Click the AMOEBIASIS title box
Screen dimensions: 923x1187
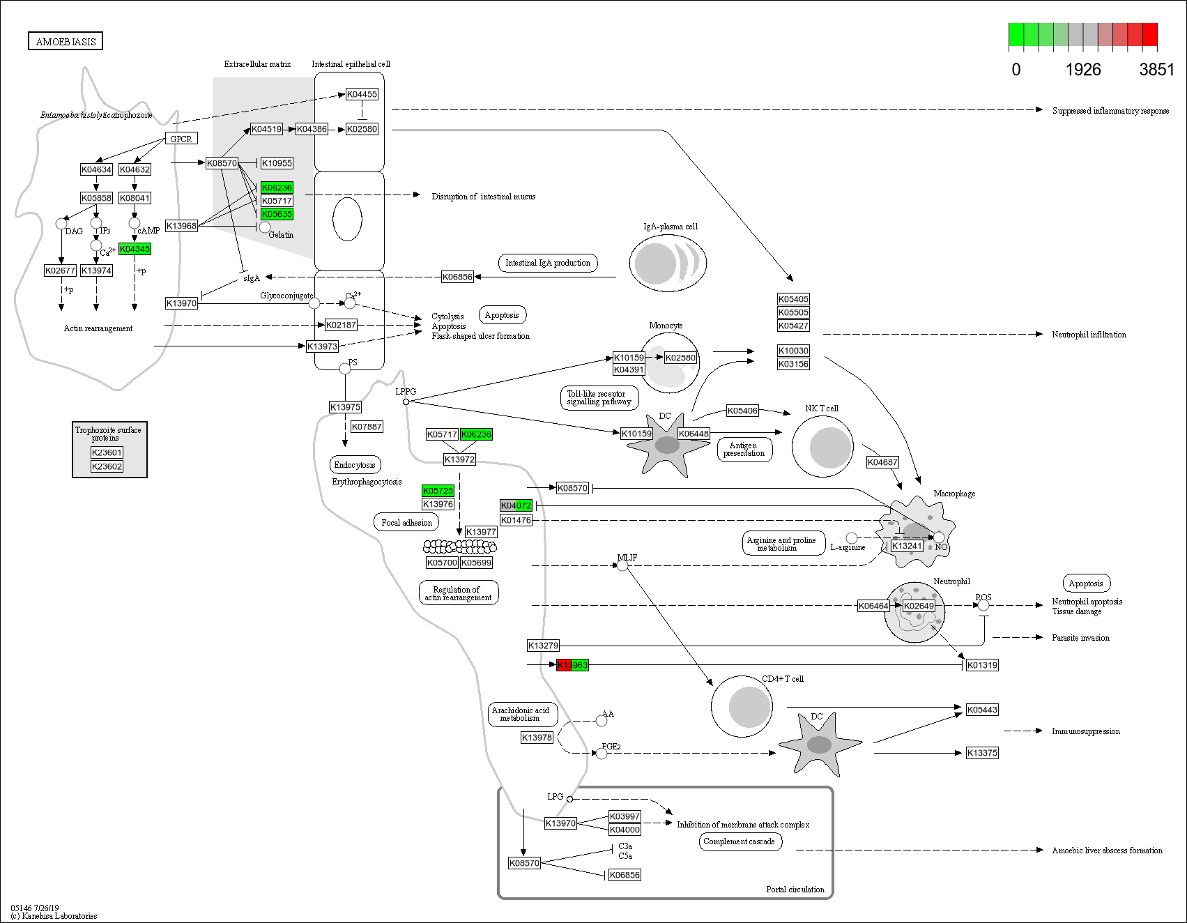point(66,41)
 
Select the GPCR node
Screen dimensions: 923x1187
point(181,139)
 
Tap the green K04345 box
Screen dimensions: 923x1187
point(135,249)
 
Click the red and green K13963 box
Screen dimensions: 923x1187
point(572,665)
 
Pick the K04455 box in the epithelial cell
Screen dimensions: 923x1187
point(362,94)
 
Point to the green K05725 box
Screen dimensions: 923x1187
point(438,491)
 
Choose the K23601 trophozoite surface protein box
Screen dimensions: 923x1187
point(107,452)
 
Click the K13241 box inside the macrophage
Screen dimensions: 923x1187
point(907,546)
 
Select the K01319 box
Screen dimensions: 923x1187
point(982,665)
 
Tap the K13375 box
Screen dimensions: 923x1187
point(982,753)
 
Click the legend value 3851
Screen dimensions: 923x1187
point(1156,70)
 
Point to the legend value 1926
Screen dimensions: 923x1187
point(1083,70)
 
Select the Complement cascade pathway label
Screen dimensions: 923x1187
point(739,841)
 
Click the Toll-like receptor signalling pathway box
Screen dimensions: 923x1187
point(599,398)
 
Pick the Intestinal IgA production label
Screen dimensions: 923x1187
point(547,263)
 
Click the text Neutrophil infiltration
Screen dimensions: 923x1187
point(1089,335)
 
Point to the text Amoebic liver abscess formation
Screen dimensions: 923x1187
point(1107,850)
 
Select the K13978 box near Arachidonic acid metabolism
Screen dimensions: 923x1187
point(537,738)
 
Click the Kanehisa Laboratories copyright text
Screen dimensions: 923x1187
point(54,916)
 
